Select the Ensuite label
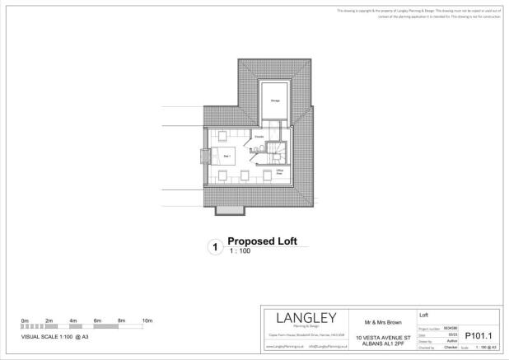[x=259, y=135]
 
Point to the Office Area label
[x=280, y=172]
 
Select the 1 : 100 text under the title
[x=240, y=250]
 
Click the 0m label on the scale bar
[x=25, y=320]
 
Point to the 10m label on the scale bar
[x=147, y=320]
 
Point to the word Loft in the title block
[x=424, y=314]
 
